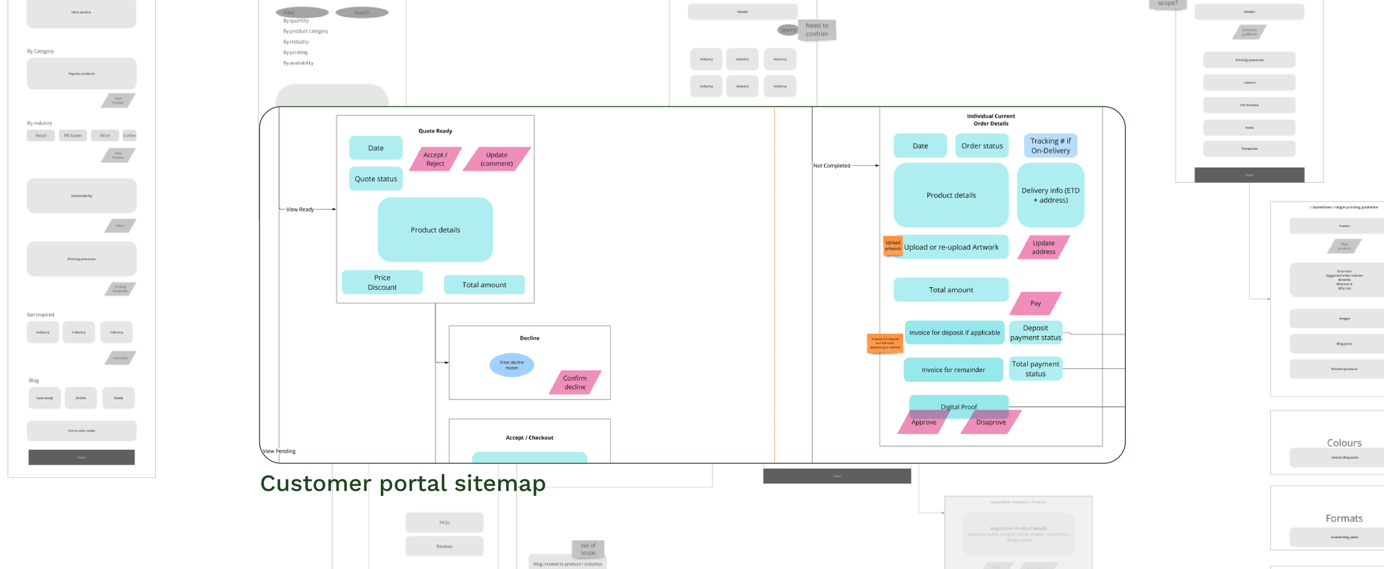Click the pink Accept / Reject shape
click(435, 159)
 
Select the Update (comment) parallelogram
click(497, 159)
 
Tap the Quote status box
click(376, 179)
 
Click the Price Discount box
click(382, 283)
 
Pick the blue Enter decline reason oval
click(512, 365)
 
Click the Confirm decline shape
click(575, 382)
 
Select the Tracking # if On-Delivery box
click(1050, 146)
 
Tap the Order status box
click(982, 146)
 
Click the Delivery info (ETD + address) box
click(1050, 195)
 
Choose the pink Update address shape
click(1043, 247)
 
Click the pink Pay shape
click(1035, 303)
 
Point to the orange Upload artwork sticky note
click(892, 245)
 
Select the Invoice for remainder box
click(953, 370)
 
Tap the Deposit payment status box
click(1035, 332)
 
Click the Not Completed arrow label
click(831, 166)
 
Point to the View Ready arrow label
click(299, 209)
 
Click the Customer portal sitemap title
click(402, 483)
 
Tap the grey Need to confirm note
click(817, 30)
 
